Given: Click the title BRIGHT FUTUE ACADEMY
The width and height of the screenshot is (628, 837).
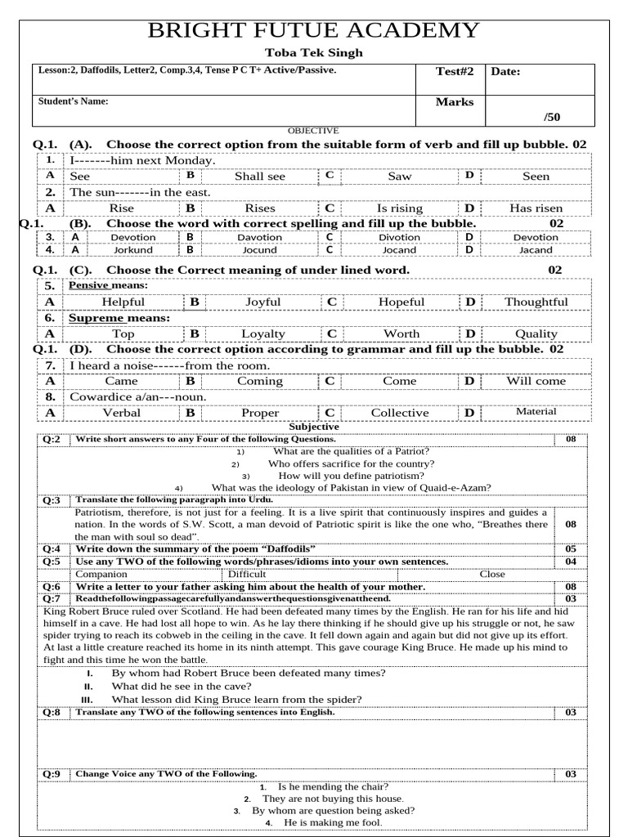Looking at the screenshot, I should pyautogui.click(x=313, y=31).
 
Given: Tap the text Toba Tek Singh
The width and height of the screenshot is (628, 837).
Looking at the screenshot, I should pyautogui.click(x=313, y=53).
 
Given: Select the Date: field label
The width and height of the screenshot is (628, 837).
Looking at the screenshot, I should pyautogui.click(x=505, y=72).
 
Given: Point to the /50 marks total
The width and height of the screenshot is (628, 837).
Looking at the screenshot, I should pyautogui.click(x=552, y=117).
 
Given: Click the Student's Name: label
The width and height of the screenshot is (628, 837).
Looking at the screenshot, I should pyautogui.click(x=74, y=102).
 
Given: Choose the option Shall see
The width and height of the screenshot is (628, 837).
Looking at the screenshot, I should pyautogui.click(x=260, y=177).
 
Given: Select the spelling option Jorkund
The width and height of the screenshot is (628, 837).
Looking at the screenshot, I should pyautogui.click(x=132, y=250).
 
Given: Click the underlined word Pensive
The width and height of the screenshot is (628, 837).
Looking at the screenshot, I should pyautogui.click(x=89, y=285).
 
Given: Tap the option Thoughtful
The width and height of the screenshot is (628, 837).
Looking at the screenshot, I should pyautogui.click(x=536, y=302).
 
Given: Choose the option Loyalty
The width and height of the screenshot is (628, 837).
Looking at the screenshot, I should pyautogui.click(x=263, y=334).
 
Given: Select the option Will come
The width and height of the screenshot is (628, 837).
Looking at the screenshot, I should pyautogui.click(x=536, y=382).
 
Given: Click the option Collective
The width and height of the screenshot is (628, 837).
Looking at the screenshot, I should pyautogui.click(x=399, y=414).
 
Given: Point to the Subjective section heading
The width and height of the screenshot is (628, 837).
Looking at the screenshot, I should pyautogui.click(x=314, y=427).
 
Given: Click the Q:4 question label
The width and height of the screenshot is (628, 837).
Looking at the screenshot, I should pyautogui.click(x=52, y=549).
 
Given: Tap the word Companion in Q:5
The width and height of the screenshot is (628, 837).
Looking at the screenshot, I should pyautogui.click(x=101, y=574).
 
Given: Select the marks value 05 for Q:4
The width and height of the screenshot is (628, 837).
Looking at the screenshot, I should pyautogui.click(x=571, y=549).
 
